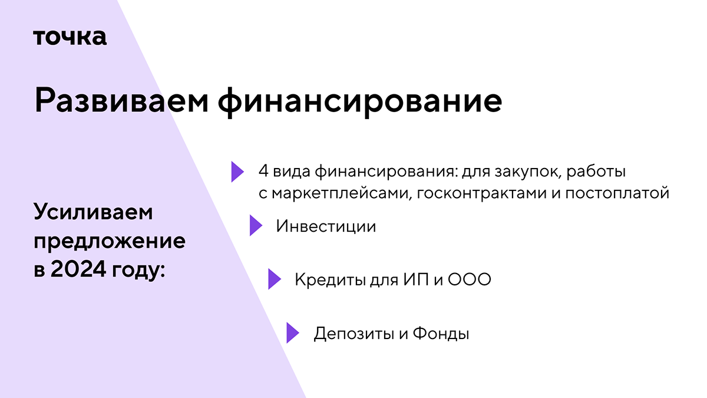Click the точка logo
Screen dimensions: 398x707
70,37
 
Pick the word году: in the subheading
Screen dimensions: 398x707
138,271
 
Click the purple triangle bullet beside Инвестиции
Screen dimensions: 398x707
255,226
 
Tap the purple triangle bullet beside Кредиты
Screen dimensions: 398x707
273,279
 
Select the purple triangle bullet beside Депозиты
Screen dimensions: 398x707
292,333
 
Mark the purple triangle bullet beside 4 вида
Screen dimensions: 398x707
237,171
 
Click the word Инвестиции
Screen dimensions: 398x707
326,226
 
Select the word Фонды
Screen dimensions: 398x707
441,334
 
